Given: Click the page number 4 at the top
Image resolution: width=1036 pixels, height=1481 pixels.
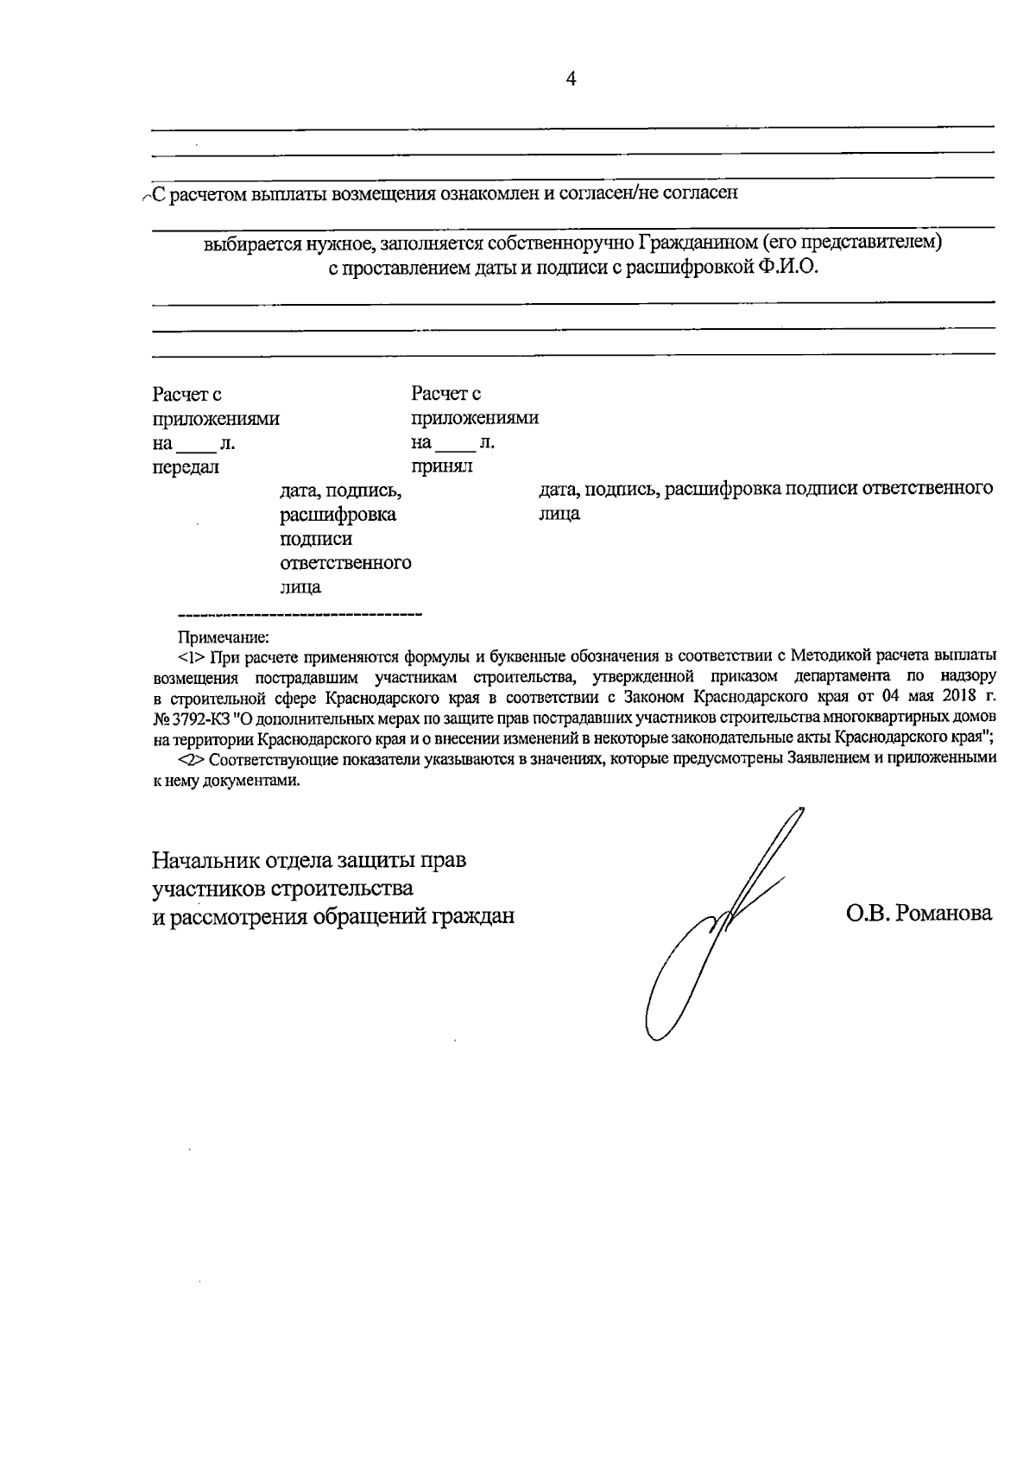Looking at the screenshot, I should pyautogui.click(x=570, y=79).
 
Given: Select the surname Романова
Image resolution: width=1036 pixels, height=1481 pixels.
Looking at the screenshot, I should pyautogui.click(x=944, y=914).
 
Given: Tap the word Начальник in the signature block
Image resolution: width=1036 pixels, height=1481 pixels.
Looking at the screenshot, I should pyautogui.click(x=205, y=861).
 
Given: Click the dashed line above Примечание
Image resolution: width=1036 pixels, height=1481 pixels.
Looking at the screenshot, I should pyautogui.click(x=299, y=615).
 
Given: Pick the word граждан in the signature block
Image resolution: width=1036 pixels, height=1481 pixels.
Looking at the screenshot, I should pyautogui.click(x=473, y=915).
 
